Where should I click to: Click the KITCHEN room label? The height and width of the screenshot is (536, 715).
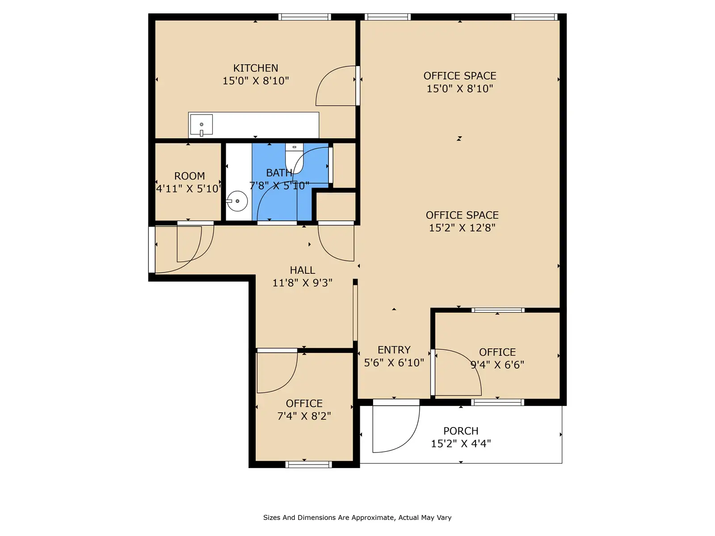click(255, 68)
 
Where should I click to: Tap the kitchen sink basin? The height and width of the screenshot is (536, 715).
click(201, 124)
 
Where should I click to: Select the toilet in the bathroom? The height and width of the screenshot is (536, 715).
click(294, 159)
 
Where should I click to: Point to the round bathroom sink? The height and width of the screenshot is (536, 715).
click(237, 201)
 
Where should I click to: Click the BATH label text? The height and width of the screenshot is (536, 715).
click(279, 173)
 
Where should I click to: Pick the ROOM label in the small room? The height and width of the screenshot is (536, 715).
click(189, 176)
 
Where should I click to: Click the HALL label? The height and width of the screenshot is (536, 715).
click(302, 270)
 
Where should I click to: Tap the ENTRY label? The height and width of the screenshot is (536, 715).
click(394, 350)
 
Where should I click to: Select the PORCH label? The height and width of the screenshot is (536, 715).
click(461, 431)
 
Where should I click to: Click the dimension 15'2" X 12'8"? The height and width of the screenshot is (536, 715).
click(462, 228)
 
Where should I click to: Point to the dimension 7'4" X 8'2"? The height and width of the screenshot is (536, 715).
click(304, 416)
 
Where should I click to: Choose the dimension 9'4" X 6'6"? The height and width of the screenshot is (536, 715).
click(497, 365)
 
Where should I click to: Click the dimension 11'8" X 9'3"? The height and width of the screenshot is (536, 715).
click(302, 283)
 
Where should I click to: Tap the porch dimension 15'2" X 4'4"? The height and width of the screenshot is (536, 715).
click(461, 444)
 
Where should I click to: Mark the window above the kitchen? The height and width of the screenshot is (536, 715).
click(305, 17)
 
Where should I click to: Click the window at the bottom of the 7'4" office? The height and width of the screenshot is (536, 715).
click(308, 465)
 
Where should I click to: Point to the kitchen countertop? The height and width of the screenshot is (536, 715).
click(253, 125)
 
